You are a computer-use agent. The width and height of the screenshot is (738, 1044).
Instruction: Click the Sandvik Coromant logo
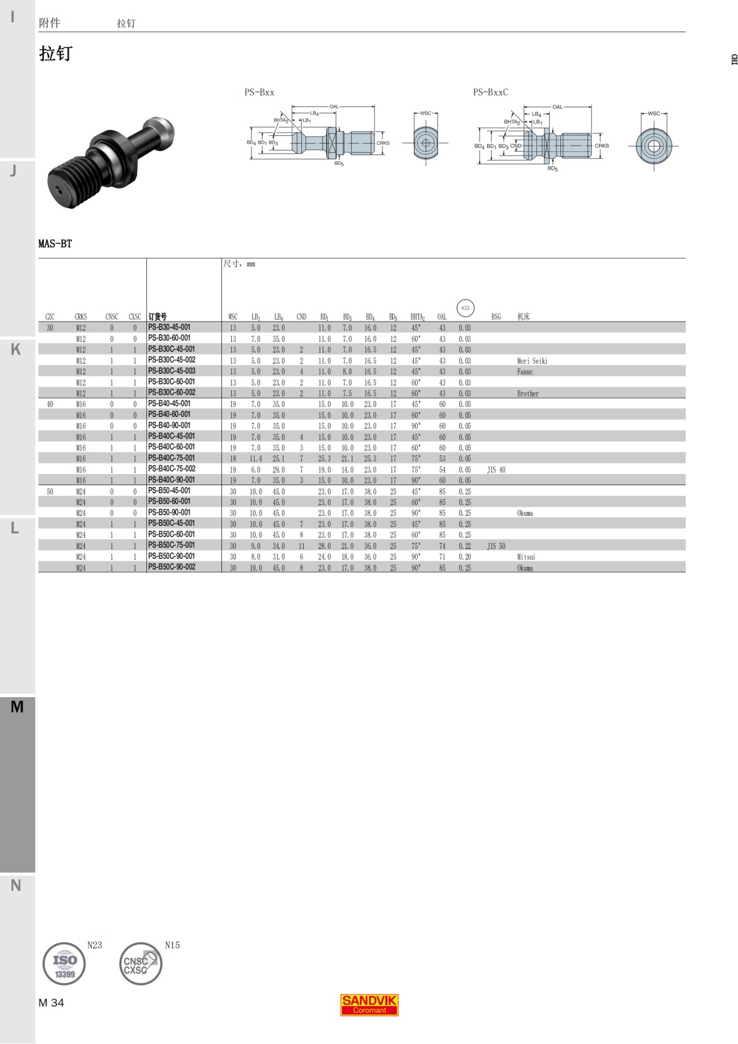pos(370,1005)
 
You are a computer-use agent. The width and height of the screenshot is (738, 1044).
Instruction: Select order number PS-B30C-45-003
pos(172,371)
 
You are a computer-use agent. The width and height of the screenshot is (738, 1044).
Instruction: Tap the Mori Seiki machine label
pos(532,361)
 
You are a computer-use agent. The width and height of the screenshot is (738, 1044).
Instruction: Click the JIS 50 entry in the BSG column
pos(496,546)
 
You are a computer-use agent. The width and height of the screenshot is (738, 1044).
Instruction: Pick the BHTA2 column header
pos(418,317)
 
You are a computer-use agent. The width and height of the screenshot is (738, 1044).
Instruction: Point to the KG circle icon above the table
pos(465,308)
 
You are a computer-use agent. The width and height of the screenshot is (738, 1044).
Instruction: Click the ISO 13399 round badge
pos(64,963)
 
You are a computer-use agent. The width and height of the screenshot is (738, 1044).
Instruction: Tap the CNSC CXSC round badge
pos(140,963)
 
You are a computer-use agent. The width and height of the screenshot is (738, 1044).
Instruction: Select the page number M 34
pos(51,1003)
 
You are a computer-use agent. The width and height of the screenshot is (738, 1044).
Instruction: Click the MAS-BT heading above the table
pos(55,243)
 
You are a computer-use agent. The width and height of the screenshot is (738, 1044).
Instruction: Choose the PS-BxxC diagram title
pos(490,92)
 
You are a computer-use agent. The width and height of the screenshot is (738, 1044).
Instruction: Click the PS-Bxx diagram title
pos(260,92)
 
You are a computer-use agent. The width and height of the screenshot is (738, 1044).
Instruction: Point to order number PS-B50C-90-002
pos(172,567)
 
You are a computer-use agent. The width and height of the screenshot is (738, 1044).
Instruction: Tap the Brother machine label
pos(528,393)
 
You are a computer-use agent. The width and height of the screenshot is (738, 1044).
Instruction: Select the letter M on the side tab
pos(17,707)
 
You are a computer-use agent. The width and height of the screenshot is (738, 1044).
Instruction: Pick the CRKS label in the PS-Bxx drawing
pos(383,143)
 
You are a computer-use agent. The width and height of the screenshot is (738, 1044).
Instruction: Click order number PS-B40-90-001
pos(169,425)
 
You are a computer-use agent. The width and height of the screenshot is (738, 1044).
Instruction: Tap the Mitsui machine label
pos(526,557)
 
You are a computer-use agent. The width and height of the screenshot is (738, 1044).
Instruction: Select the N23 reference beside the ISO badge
pos(95,945)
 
